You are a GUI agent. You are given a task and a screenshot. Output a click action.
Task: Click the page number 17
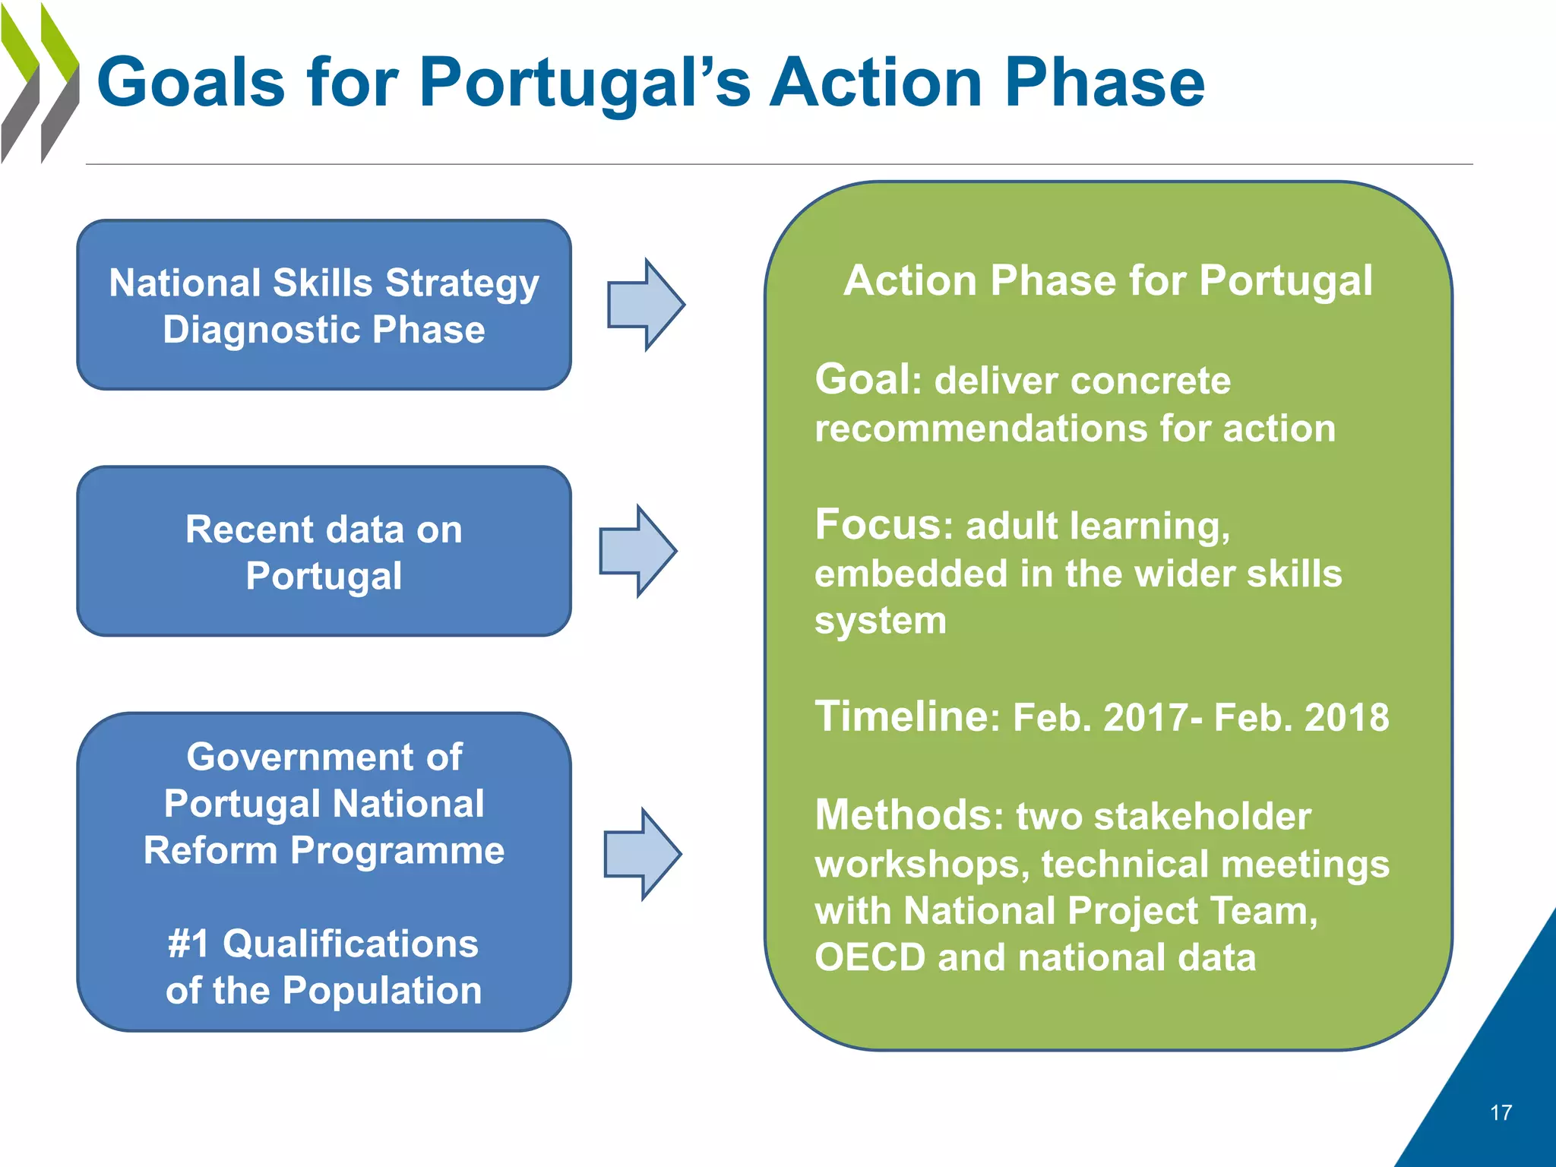pyautogui.click(x=1501, y=1113)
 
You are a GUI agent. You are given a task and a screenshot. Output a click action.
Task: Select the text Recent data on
pyautogui.click(x=324, y=529)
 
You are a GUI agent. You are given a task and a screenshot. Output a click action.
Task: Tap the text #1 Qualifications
pyautogui.click(x=323, y=944)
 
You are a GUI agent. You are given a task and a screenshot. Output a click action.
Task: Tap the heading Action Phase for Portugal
pyautogui.click(x=1108, y=280)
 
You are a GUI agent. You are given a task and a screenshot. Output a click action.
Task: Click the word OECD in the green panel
pyautogui.click(x=870, y=957)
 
